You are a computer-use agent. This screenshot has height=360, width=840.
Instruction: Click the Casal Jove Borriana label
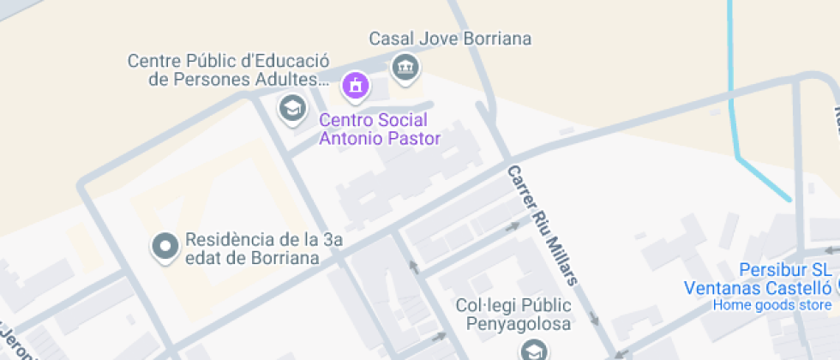tap(450, 39)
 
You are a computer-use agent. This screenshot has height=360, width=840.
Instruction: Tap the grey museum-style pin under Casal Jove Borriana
tap(405, 66)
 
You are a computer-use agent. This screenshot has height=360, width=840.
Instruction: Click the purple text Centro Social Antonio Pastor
tap(380, 129)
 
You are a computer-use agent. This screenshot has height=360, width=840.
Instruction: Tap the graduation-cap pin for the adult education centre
tap(293, 108)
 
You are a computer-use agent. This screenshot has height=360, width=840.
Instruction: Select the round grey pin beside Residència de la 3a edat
tap(164, 247)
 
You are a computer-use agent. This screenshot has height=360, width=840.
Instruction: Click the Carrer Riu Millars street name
tap(543, 225)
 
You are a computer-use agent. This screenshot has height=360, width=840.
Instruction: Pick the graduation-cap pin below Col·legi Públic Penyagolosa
tap(532, 350)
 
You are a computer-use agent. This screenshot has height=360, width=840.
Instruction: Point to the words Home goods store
tap(771, 305)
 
